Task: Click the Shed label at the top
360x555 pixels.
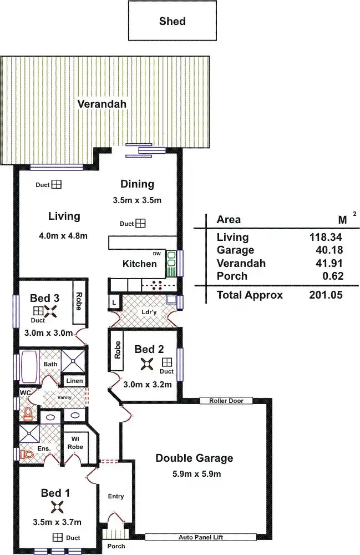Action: (x=172, y=22)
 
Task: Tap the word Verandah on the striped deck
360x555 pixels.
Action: (x=102, y=104)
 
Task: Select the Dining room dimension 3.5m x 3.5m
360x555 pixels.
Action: (x=136, y=200)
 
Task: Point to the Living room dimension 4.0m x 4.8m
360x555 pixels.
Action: (x=64, y=235)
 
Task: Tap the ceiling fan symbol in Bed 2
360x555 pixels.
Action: (x=147, y=364)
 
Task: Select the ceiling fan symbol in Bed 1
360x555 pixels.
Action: (x=57, y=507)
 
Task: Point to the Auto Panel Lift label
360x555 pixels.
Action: (x=200, y=537)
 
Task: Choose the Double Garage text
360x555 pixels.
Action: (x=194, y=458)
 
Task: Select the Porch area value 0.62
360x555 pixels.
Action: (x=332, y=276)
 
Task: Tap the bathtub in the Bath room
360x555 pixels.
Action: (x=27, y=366)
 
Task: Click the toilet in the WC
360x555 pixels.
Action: (x=26, y=413)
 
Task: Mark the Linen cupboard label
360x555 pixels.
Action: (x=74, y=381)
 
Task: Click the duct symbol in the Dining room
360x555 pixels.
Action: (x=141, y=224)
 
